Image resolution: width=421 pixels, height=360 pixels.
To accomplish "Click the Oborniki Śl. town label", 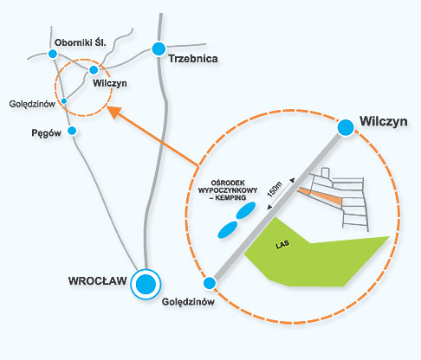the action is tap(81, 42).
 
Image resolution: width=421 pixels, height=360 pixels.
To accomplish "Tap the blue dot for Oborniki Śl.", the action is tap(53, 54).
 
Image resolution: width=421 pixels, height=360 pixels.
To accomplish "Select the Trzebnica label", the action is tap(193, 59).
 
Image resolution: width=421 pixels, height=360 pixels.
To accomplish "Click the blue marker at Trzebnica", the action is tap(159, 48).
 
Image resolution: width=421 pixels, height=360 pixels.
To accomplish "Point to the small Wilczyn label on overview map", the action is tap(110, 83).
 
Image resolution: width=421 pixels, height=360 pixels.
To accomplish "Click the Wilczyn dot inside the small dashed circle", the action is tap(94, 70).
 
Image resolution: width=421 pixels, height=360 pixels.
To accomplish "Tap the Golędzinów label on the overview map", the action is tap(32, 104).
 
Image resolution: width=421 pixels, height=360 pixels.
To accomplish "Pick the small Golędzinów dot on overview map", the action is tap(64, 101).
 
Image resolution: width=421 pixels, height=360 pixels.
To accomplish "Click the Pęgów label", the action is tap(46, 133).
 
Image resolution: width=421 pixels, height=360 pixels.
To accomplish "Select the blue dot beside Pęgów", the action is tap(72, 131).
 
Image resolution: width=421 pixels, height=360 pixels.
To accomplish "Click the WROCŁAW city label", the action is tap(98, 280).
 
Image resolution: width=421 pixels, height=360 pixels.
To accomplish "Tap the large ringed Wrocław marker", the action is tap(146, 284).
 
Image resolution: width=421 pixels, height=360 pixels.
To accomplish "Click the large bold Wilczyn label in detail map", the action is tap(384, 121).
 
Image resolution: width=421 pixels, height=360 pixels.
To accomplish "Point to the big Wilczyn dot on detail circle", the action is tap(346, 127).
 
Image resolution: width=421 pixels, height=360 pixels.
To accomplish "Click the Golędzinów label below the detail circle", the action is tap(188, 302).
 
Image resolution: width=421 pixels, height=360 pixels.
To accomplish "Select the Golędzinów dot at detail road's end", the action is tap(210, 283).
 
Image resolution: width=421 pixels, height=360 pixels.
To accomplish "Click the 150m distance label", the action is tap(275, 190).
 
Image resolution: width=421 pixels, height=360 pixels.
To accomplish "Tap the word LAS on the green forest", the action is tap(282, 244).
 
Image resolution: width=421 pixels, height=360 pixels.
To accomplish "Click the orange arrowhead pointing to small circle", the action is tap(115, 112).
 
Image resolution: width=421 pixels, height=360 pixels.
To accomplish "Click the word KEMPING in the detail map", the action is tap(230, 198).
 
